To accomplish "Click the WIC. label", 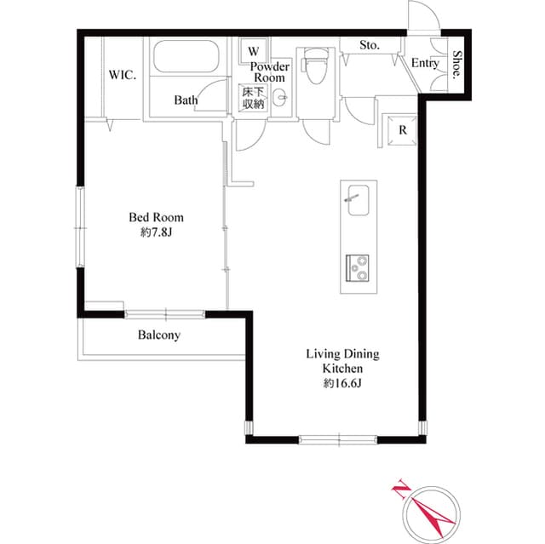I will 123,74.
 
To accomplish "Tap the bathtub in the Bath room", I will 186,59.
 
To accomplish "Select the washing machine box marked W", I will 253,50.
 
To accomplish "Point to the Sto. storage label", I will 369,44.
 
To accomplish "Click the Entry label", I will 424,63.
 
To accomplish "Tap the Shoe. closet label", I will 457,64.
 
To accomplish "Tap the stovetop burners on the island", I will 356,268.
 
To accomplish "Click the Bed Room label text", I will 156,217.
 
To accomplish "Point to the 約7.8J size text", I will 156,232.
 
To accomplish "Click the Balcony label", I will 159,335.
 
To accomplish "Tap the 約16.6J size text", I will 342,384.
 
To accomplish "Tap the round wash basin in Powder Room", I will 280,98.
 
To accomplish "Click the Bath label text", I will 186,100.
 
